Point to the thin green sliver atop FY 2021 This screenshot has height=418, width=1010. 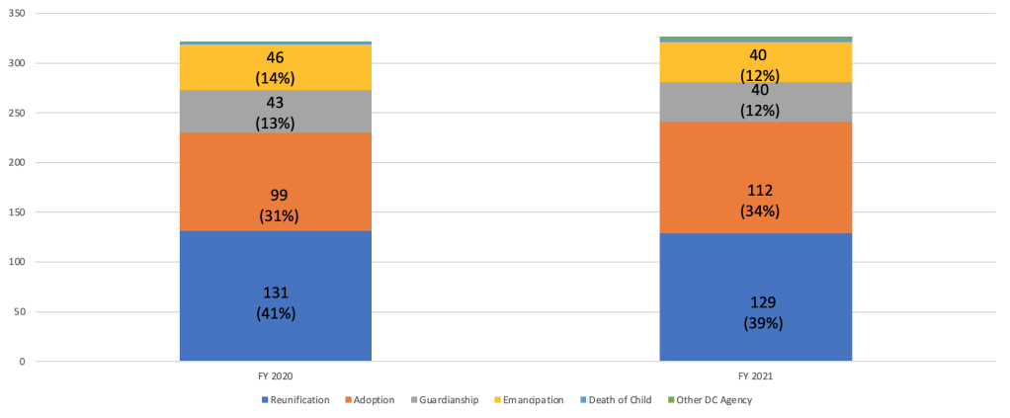[x=755, y=38]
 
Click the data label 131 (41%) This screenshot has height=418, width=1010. [x=276, y=303]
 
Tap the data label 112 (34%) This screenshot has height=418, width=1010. [x=757, y=201]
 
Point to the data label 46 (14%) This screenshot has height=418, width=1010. [x=276, y=68]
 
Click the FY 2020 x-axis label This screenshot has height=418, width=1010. [x=276, y=376]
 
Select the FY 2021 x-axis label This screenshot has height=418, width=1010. [x=756, y=376]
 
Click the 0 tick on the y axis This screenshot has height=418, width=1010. [x=21, y=362]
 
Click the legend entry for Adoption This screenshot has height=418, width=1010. [x=372, y=400]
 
